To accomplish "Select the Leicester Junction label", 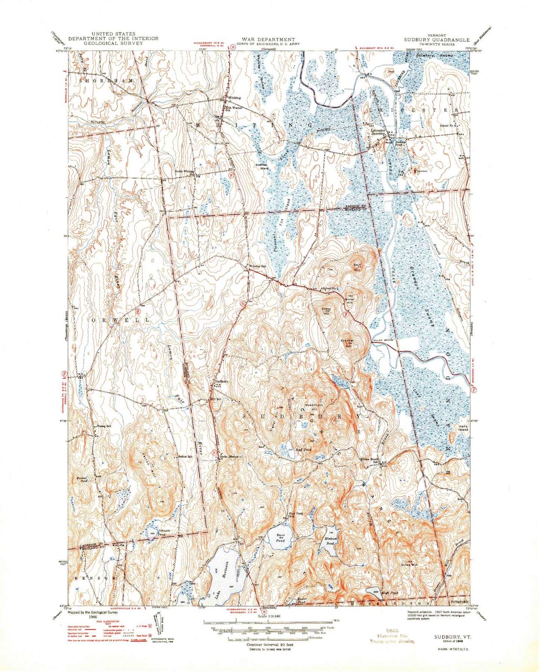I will pyautogui.click(x=375, y=132).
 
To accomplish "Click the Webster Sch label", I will pyautogui.click(x=258, y=266).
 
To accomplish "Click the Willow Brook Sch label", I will pyautogui.click(x=370, y=460).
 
